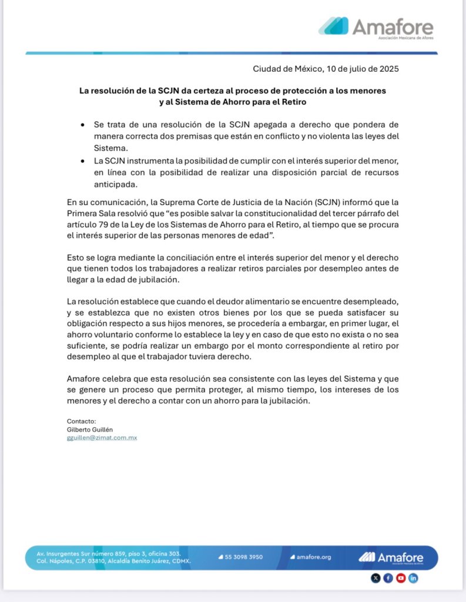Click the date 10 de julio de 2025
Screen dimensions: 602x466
pyautogui.click(x=361, y=69)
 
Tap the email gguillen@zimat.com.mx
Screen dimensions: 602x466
pyautogui.click(x=102, y=438)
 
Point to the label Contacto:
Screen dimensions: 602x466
pyautogui.click(x=81, y=422)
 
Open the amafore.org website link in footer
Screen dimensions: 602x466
pyautogui.click(x=314, y=557)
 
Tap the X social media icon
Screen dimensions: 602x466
pyautogui.click(x=376, y=578)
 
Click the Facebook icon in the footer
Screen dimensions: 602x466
pyautogui.click(x=388, y=578)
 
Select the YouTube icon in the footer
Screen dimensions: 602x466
pyautogui.click(x=401, y=578)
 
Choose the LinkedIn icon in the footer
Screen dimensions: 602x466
pyautogui.click(x=413, y=578)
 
